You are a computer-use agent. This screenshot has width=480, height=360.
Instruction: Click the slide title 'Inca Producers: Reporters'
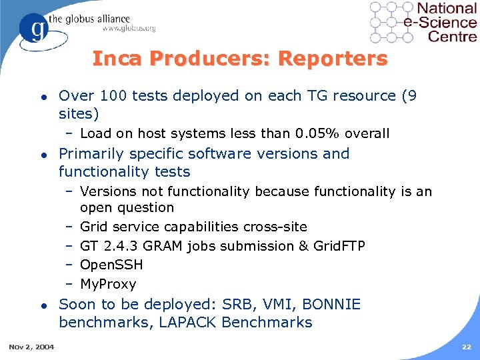click(x=239, y=59)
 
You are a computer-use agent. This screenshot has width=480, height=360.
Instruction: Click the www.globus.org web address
click(x=129, y=28)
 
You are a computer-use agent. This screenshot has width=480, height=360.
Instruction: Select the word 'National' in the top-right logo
click(x=446, y=9)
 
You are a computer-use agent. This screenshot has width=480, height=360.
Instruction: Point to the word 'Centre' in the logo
click(x=453, y=36)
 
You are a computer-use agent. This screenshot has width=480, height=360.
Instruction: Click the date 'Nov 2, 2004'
click(x=32, y=346)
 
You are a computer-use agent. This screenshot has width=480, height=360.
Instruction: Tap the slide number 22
click(x=467, y=346)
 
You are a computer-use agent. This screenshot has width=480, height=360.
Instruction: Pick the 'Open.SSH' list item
click(x=111, y=265)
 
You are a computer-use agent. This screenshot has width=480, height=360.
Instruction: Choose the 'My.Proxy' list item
click(x=108, y=285)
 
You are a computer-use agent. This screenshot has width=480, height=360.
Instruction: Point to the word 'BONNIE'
click(x=331, y=305)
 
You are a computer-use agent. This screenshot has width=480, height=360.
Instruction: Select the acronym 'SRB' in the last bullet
click(x=235, y=305)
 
